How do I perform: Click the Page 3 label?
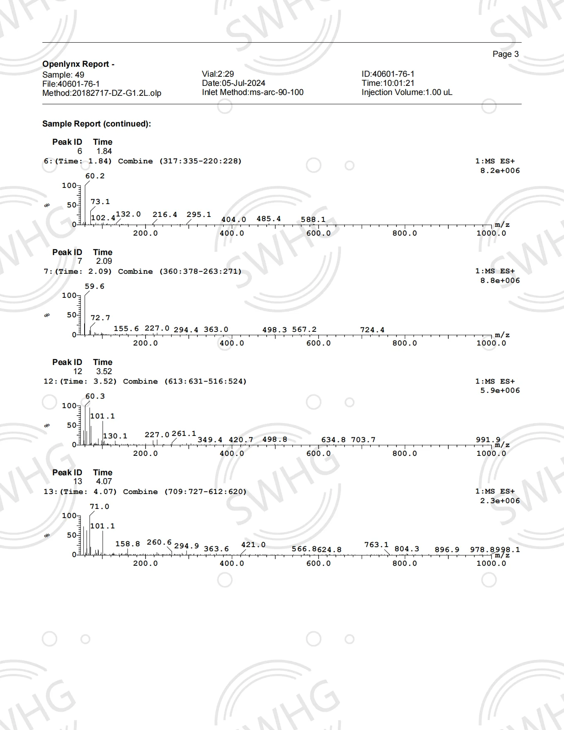[505, 54]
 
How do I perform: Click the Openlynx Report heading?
[78, 64]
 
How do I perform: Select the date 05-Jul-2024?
[233, 83]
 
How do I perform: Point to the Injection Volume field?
[406, 92]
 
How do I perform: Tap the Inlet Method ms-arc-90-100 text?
[253, 92]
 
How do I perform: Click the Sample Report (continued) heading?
[97, 124]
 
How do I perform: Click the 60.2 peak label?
[95, 176]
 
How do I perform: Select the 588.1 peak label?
[313, 219]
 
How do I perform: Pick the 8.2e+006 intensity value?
[500, 170]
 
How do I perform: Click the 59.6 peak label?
[95, 286]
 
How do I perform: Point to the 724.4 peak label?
[372, 330]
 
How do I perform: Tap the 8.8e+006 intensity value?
[500, 280]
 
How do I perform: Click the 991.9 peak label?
[488, 439]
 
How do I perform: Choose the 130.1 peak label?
[115, 436]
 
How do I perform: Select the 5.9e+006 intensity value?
[500, 390]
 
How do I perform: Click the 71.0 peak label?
[100, 506]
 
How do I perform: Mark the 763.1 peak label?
[376, 545]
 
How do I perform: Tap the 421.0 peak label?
[253, 545]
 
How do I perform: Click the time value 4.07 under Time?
[104, 481]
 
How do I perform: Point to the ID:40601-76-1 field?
[388, 74]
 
